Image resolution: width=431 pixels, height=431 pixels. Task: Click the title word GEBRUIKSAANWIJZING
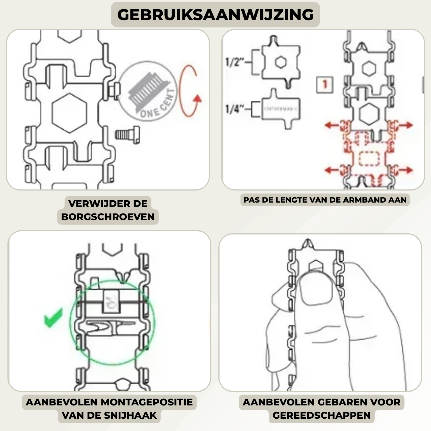215,15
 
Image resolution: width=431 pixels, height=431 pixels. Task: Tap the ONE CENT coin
147,91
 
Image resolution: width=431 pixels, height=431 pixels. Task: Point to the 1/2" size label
234,62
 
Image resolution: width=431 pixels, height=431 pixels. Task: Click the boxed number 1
325,85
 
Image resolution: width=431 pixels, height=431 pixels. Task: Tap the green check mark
53,318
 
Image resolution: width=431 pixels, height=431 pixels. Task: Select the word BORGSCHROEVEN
108,217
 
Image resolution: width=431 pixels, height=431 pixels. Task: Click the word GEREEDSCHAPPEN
322,415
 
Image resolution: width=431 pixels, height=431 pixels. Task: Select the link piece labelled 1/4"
280,109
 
